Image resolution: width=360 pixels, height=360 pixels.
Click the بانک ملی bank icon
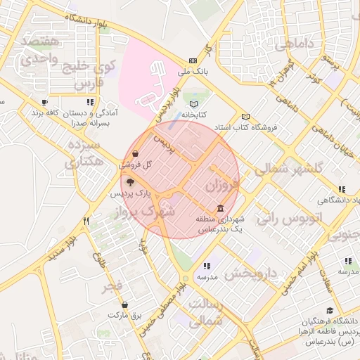click(192, 61)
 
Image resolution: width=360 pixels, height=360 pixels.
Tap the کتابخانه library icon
click(193, 103)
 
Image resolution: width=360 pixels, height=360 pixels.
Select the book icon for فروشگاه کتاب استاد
click(245, 117)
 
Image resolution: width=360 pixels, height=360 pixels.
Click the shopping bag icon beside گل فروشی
click(135, 154)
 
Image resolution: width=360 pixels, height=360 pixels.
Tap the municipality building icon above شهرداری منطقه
click(221, 209)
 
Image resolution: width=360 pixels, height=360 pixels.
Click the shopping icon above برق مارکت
click(124, 304)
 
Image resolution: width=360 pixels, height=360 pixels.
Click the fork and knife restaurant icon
click(86, 221)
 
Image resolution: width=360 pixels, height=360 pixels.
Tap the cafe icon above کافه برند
click(44, 103)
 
